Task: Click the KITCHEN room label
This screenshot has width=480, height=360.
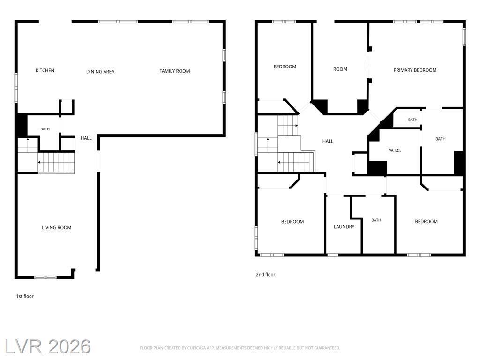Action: point(45,70)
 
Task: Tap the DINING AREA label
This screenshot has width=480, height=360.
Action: point(100,72)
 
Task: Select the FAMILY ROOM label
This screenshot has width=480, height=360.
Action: point(175,71)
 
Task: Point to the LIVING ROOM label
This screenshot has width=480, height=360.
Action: point(57,228)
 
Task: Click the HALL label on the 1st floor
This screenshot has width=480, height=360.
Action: point(86,138)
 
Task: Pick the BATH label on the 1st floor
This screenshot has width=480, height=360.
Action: point(45,129)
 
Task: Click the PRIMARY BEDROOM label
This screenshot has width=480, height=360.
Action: point(415,70)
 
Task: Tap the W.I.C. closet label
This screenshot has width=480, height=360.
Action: point(395,150)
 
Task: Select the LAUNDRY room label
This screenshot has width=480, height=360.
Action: point(344,227)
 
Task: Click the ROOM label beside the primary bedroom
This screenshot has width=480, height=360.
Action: point(340,69)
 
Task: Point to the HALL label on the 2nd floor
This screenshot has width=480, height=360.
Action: point(328,141)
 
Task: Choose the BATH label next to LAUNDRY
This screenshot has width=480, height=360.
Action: point(376,220)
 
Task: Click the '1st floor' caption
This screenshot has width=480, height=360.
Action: point(25,296)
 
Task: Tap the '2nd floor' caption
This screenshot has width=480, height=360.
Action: point(265,275)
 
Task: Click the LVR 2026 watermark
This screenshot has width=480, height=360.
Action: point(48,346)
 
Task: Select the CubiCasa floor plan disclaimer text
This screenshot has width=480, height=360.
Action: point(240,348)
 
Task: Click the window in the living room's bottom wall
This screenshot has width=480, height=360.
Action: point(45,277)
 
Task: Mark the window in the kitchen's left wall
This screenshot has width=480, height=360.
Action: point(16,88)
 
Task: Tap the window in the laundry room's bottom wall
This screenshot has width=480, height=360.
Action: point(333,255)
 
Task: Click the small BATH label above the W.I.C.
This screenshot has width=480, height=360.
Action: point(412,120)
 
